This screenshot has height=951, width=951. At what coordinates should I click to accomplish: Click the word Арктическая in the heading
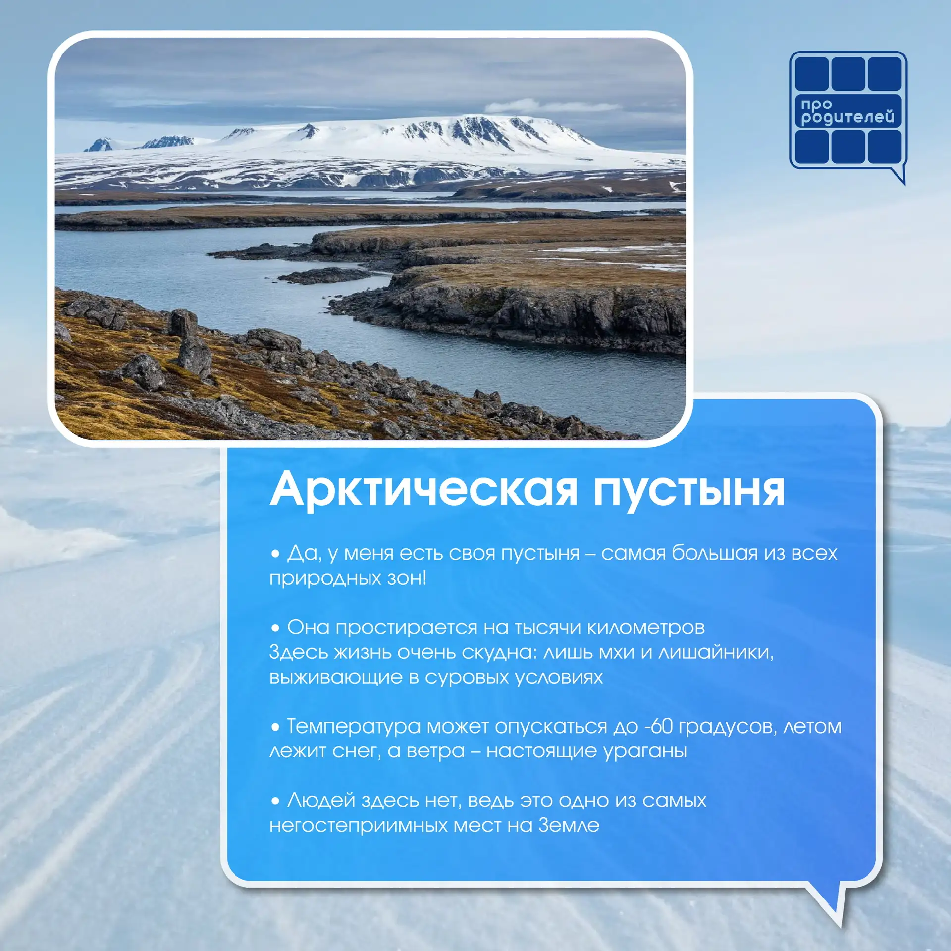tap(423, 489)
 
